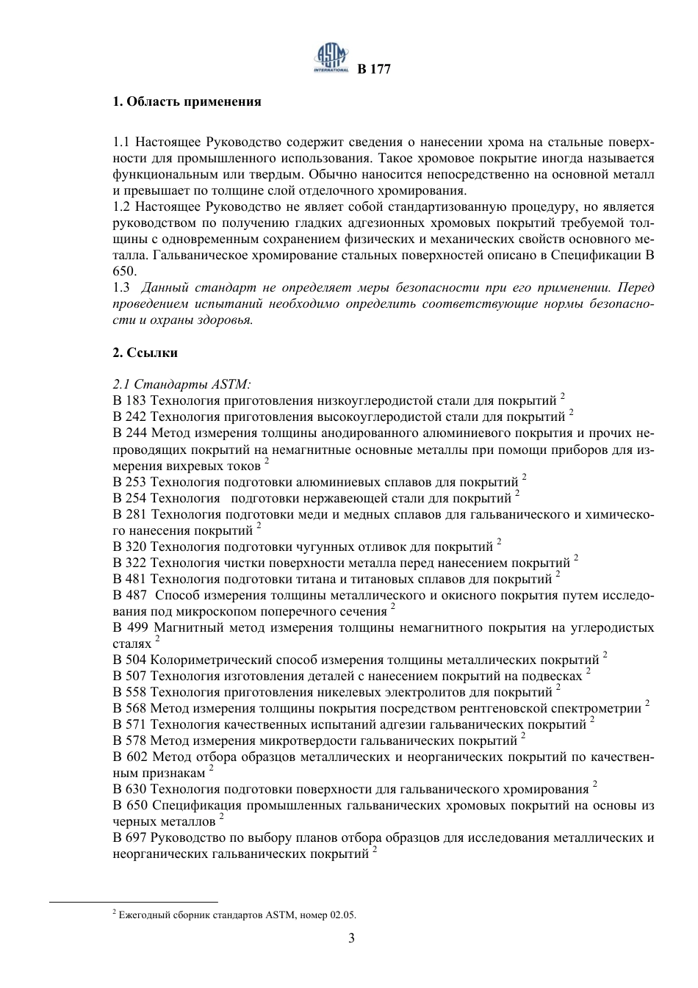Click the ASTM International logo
coord(331,57)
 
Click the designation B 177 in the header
coord(374,70)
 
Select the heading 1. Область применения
coord(187,101)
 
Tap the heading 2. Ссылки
coord(145,353)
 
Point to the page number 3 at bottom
coord(351,938)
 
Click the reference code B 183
coord(130,401)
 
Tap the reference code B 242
coord(130,417)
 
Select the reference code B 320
coord(130,547)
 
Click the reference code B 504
coord(130,660)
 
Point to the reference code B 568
coord(130,708)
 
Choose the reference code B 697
coord(130,837)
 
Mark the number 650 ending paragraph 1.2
coord(123,271)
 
